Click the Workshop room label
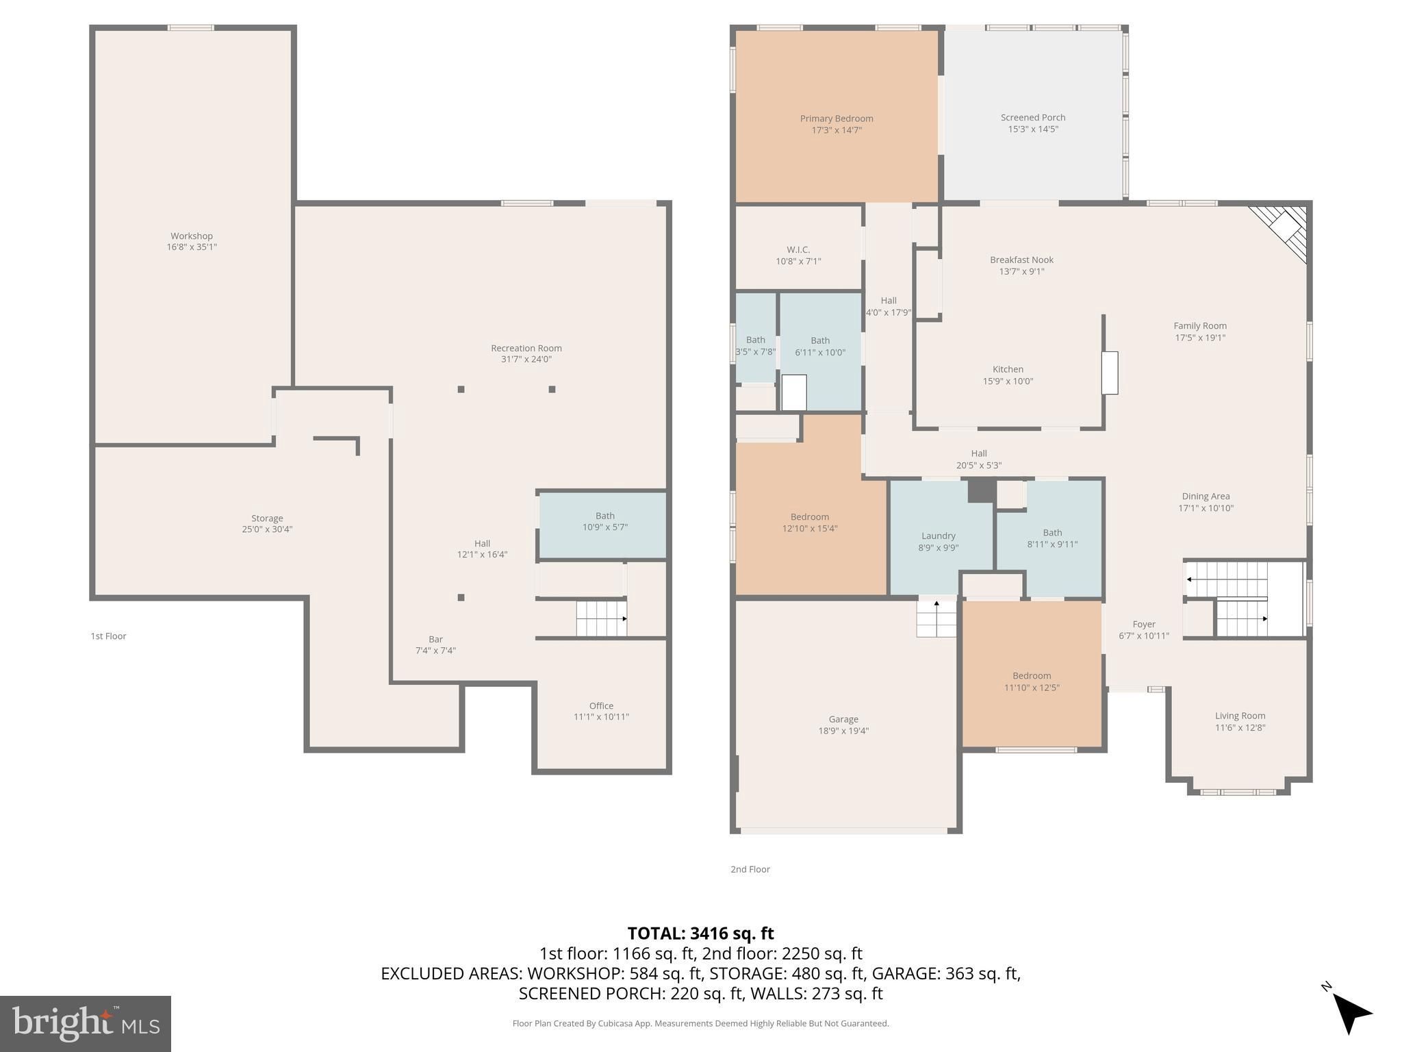click(x=192, y=236)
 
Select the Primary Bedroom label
click(x=837, y=118)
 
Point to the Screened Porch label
click(x=1033, y=117)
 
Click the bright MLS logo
click(x=86, y=1023)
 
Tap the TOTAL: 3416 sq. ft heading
click(x=700, y=933)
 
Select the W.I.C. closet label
click(x=798, y=250)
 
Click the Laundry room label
click(x=938, y=536)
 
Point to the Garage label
click(x=843, y=719)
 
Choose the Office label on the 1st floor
click(x=601, y=705)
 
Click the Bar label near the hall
click(x=435, y=639)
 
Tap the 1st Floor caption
click(x=109, y=636)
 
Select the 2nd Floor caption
click(x=750, y=869)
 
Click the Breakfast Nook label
click(x=1021, y=260)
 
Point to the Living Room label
click(x=1240, y=716)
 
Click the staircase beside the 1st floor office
click(x=601, y=618)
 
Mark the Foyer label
click(x=1144, y=624)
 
